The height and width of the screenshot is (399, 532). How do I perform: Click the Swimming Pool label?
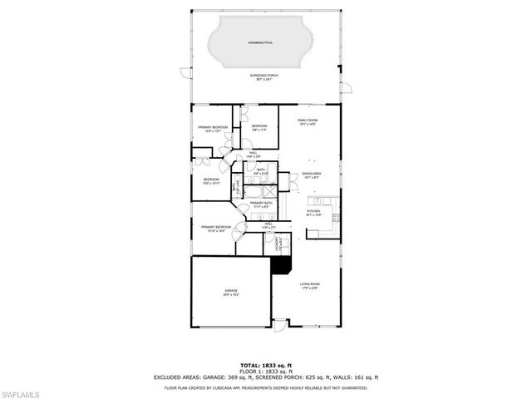point(264,41)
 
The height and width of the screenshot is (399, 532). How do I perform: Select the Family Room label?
point(308,122)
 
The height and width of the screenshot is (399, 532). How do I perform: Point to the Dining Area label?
point(313,175)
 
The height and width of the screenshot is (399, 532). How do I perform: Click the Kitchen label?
point(313,213)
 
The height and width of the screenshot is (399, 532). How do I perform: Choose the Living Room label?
point(310,286)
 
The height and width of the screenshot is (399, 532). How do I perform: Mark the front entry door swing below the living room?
point(281,324)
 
